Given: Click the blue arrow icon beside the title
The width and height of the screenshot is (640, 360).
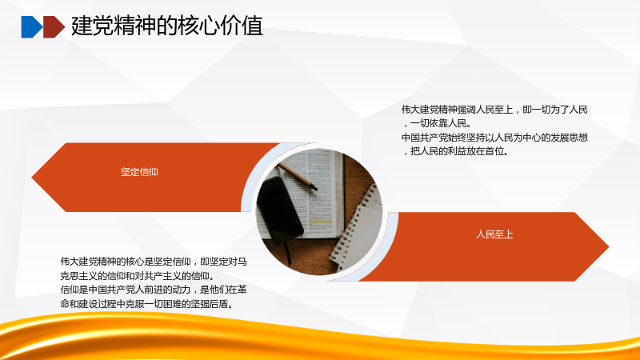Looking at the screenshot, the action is click(x=31, y=27).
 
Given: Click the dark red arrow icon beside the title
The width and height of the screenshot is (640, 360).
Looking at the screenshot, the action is click(x=54, y=27).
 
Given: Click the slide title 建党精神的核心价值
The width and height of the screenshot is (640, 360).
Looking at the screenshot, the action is click(x=167, y=26).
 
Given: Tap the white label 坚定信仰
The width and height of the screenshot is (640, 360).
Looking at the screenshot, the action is click(x=139, y=172).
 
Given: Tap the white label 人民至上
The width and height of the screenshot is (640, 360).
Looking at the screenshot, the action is click(x=494, y=234).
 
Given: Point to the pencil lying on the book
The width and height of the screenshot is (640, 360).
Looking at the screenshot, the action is click(x=297, y=176).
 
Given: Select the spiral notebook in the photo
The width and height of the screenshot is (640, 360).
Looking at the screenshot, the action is click(x=356, y=230).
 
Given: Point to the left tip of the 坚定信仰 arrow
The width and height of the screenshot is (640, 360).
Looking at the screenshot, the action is click(x=32, y=177).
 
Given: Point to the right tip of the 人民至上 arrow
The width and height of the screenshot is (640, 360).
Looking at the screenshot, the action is click(x=609, y=246).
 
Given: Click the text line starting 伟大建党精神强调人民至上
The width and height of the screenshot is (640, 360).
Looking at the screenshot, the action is click(x=494, y=110).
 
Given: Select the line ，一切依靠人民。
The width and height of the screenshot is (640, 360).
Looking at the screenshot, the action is click(x=437, y=123).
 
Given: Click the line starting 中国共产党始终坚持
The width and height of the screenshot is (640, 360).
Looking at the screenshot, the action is click(x=494, y=138).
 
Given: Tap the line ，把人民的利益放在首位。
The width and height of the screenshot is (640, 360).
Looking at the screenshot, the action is click(x=455, y=151).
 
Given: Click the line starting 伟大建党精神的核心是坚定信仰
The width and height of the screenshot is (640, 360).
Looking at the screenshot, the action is click(x=154, y=262).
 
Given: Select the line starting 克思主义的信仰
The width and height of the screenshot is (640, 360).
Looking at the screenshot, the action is click(x=138, y=276).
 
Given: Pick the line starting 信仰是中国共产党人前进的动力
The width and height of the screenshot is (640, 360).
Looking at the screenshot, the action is click(x=154, y=290).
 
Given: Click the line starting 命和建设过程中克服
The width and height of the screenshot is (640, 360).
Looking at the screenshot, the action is click(x=147, y=304).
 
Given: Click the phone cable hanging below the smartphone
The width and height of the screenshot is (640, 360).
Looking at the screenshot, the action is click(x=287, y=252).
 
